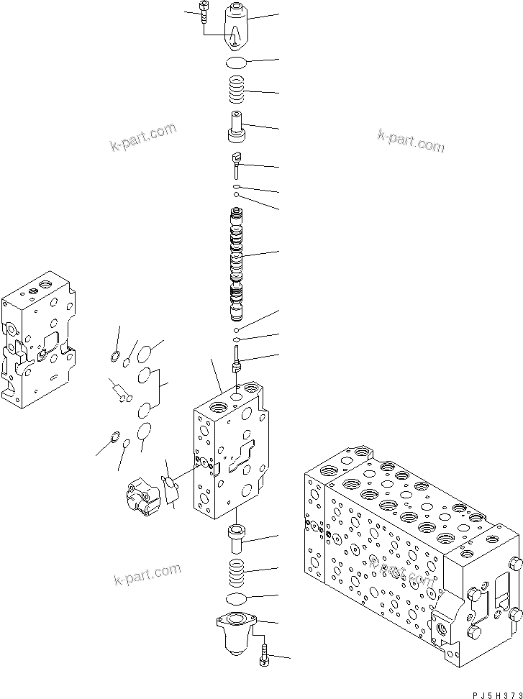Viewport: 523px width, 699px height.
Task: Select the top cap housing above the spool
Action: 237,24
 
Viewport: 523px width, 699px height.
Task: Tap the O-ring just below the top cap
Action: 236,63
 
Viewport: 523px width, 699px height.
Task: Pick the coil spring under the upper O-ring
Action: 237,92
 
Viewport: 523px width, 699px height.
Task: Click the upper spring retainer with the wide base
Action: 237,127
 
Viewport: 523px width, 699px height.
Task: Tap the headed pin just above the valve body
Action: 237,360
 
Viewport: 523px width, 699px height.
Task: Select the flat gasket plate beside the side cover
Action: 170,490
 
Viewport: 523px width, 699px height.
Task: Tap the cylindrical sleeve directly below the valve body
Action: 237,537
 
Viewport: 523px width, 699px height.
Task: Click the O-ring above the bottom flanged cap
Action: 236,599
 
